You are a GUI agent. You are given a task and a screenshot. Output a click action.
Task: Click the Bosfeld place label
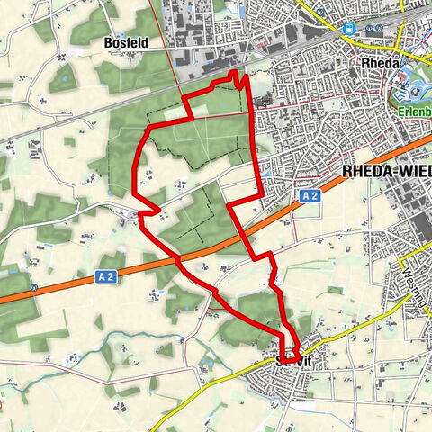[x=125, y=41]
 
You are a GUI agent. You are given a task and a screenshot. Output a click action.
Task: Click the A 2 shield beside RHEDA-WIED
[x=310, y=195]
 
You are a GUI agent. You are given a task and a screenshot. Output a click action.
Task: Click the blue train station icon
[x=347, y=28]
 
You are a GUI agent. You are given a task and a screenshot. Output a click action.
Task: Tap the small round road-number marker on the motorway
[x=33, y=288]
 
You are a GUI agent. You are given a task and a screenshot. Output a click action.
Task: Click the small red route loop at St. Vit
[x=293, y=354]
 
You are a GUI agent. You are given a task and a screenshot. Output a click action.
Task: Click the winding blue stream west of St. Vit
[x=135, y=343]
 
